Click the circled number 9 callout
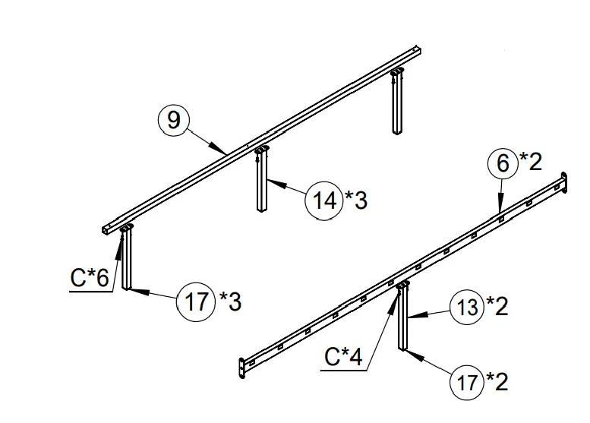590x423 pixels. (x=174, y=120)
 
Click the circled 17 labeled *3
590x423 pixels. (x=197, y=301)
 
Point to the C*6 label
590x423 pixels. (x=90, y=279)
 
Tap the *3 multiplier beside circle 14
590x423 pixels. (x=356, y=200)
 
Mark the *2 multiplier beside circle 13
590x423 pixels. (x=497, y=306)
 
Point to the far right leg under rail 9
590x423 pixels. (x=397, y=103)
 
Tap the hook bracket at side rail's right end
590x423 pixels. (x=563, y=183)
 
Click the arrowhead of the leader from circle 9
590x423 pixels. (x=226, y=153)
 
